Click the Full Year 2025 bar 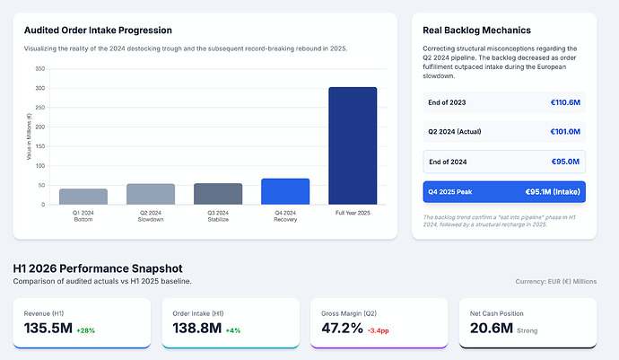click(353, 145)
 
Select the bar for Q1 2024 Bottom click(83, 197)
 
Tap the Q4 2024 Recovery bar click(285, 191)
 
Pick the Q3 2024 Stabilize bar click(218, 194)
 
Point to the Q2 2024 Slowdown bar click(151, 195)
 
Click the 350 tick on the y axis click(39, 69)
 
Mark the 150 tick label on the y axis click(39, 146)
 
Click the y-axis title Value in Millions click(29, 136)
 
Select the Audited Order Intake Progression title click(98, 31)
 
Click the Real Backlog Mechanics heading click(476, 31)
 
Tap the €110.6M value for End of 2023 click(565, 102)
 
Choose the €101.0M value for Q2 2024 click(565, 132)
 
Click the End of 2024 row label click(448, 162)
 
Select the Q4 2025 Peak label click(450, 192)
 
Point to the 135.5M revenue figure click(48, 328)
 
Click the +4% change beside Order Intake click(233, 330)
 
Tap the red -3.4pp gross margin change click(379, 330)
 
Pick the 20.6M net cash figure click(492, 328)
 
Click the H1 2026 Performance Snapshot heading click(98, 268)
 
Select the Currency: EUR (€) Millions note click(556, 281)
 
